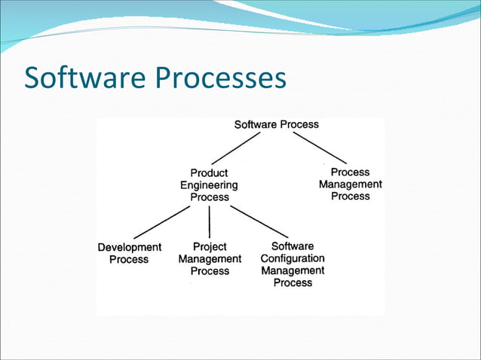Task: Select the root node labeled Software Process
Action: [x=276, y=124]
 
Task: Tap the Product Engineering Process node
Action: [x=209, y=185]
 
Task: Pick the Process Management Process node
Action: [x=350, y=185]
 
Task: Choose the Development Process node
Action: [x=129, y=253]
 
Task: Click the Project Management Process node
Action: [x=210, y=258]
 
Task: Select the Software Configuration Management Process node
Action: [x=293, y=264]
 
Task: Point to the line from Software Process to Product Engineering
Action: [x=236, y=148]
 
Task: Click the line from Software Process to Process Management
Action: [x=319, y=148]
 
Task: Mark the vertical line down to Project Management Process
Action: [x=210, y=222]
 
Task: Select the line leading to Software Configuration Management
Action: [x=259, y=221]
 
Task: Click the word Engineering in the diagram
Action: [x=209, y=185]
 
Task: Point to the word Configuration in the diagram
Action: [x=293, y=258]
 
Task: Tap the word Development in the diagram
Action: [x=129, y=247]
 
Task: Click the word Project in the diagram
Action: [x=210, y=246]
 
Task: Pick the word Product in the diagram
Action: [x=209, y=173]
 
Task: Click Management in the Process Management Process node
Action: [x=350, y=185]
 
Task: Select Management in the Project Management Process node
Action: [x=210, y=258]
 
